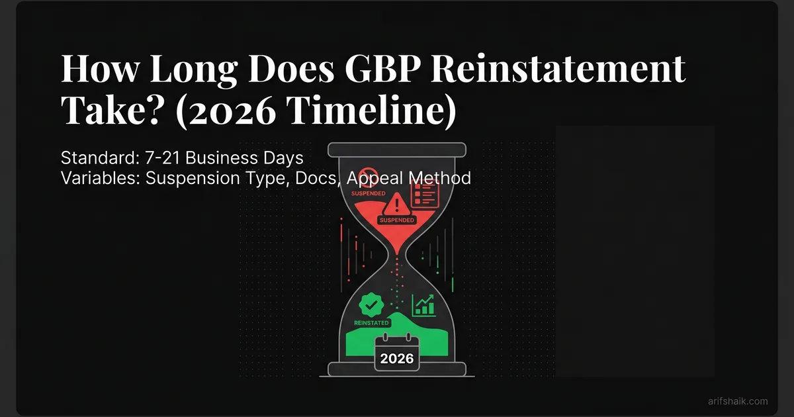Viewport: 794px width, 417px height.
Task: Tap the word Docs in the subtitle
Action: (315, 178)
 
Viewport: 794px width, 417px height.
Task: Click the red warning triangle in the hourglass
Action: (397, 202)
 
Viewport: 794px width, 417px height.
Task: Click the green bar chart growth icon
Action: (423, 305)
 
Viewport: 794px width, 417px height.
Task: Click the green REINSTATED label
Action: (368, 322)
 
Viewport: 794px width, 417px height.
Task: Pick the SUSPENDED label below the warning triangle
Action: (397, 220)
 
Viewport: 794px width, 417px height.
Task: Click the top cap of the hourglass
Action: (397, 149)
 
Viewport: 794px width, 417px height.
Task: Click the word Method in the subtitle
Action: (444, 178)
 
